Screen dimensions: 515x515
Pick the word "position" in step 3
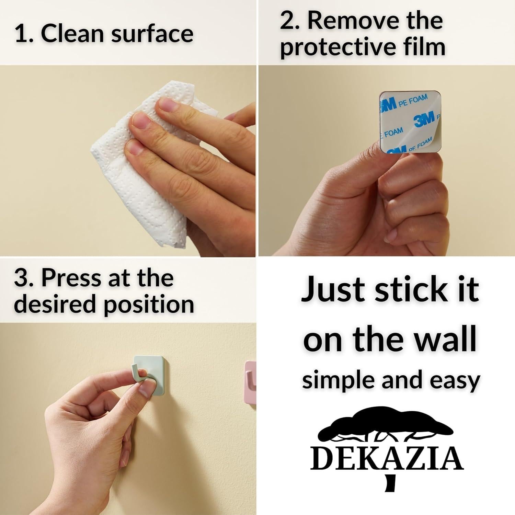click(x=149, y=305)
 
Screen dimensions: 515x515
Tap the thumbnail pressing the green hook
click(x=146, y=390)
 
